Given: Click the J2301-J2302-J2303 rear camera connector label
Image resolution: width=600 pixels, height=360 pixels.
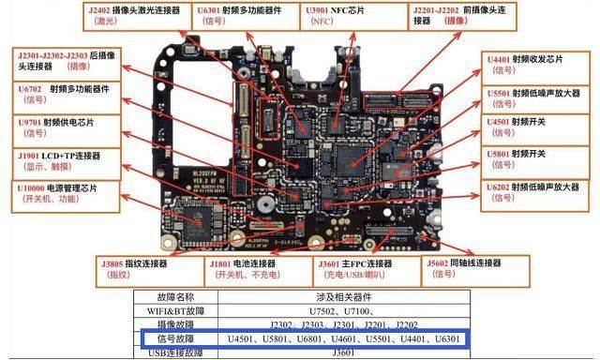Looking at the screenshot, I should pyautogui.click(x=57, y=61).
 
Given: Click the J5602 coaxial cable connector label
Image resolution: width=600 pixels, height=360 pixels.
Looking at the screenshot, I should pyautogui.click(x=473, y=269).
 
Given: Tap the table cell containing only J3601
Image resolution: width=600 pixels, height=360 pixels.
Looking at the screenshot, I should pyautogui.click(x=360, y=352).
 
